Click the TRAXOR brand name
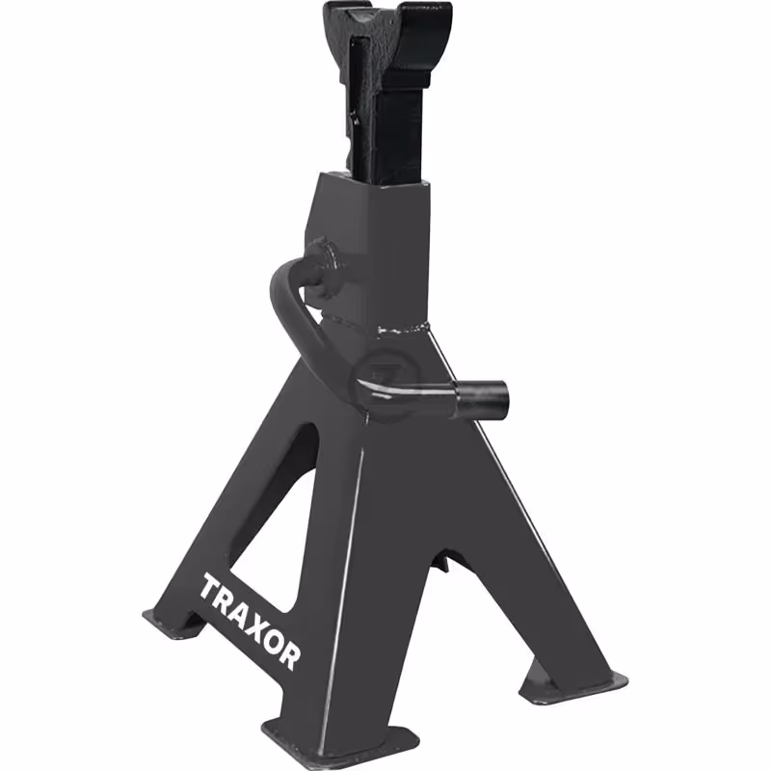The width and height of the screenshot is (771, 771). tap(250, 622)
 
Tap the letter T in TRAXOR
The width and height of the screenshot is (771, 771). tap(209, 588)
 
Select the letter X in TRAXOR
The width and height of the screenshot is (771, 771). tap(251, 624)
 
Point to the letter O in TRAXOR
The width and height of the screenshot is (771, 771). tap(270, 639)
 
